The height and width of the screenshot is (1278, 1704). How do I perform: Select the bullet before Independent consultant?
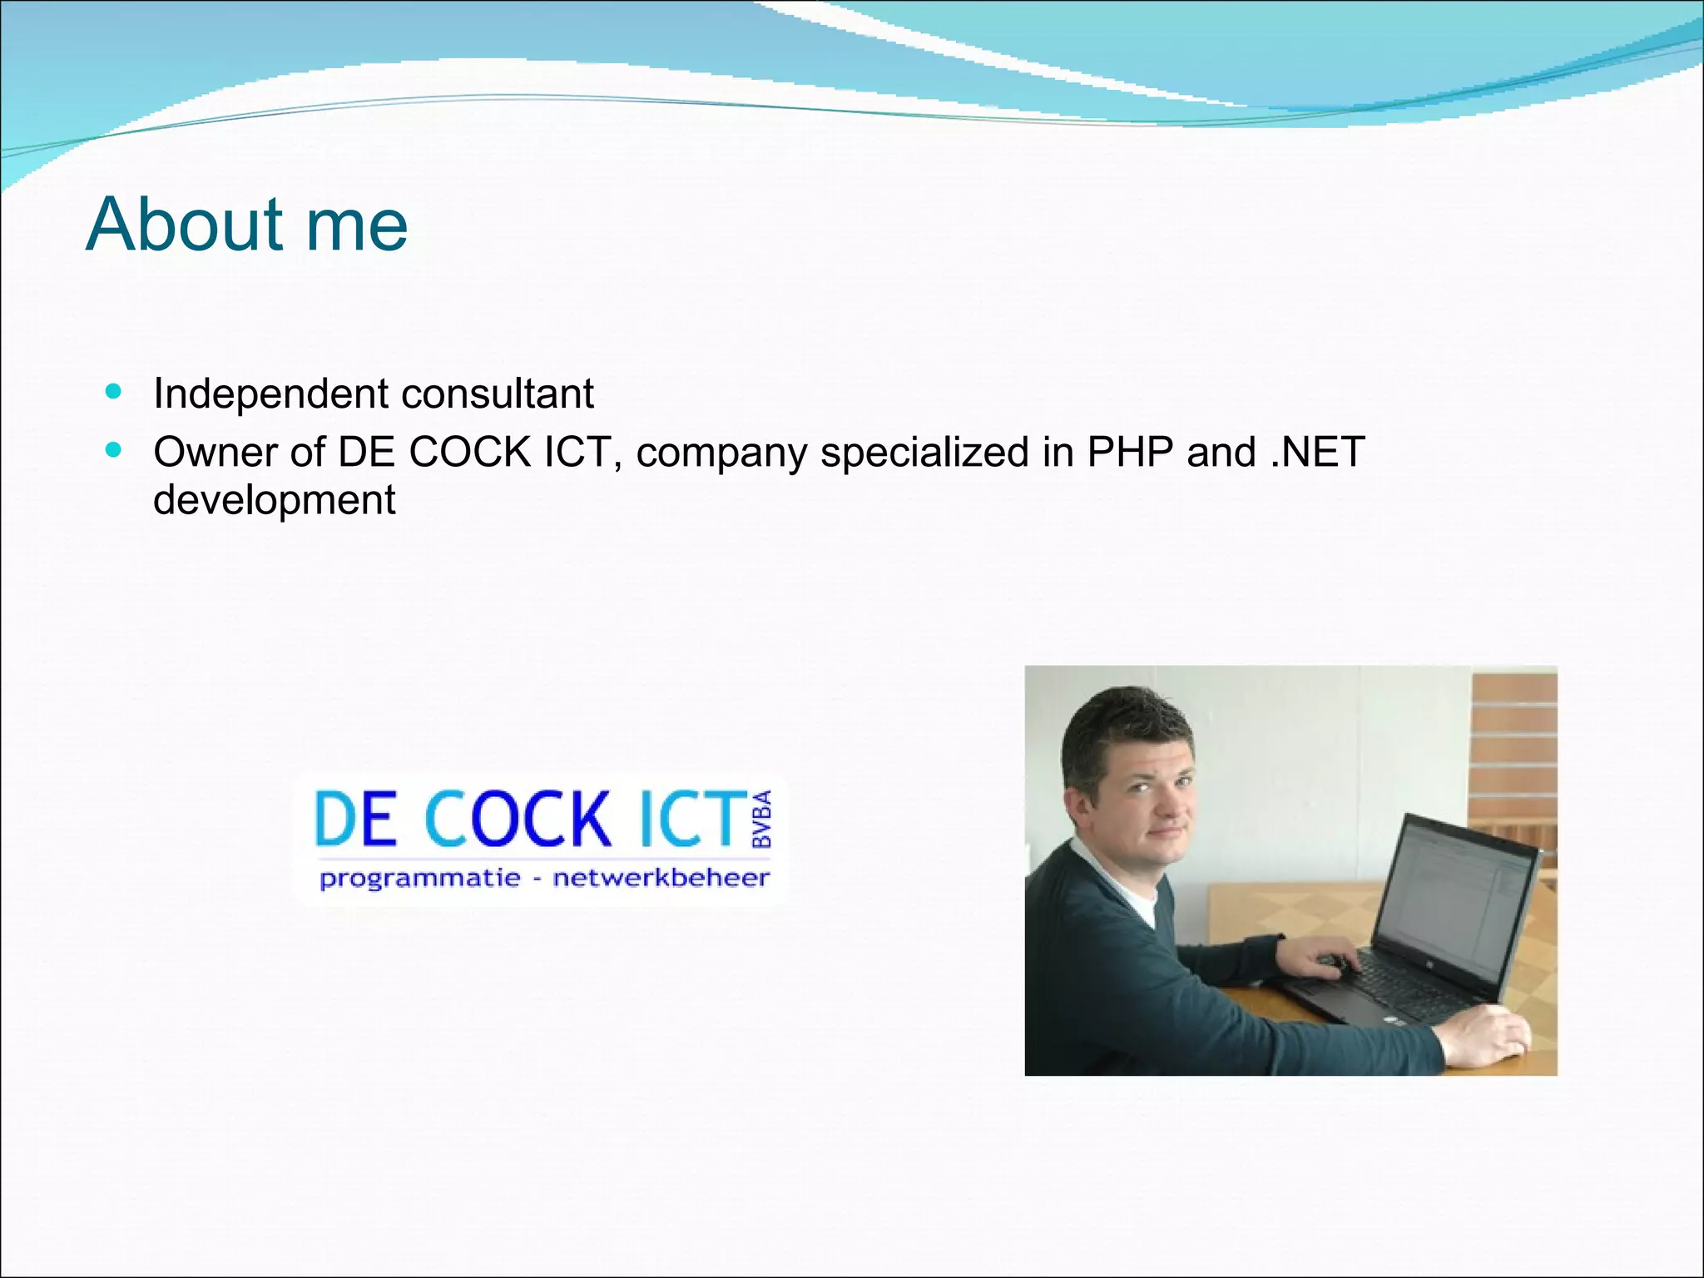(114, 391)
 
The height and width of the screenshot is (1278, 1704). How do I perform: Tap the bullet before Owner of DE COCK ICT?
(114, 450)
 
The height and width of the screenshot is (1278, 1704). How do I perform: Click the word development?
(275, 499)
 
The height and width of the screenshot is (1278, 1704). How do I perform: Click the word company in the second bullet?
(721, 453)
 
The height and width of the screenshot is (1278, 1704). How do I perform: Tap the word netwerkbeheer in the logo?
(661, 878)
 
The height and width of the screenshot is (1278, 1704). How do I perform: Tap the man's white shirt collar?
(1119, 882)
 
